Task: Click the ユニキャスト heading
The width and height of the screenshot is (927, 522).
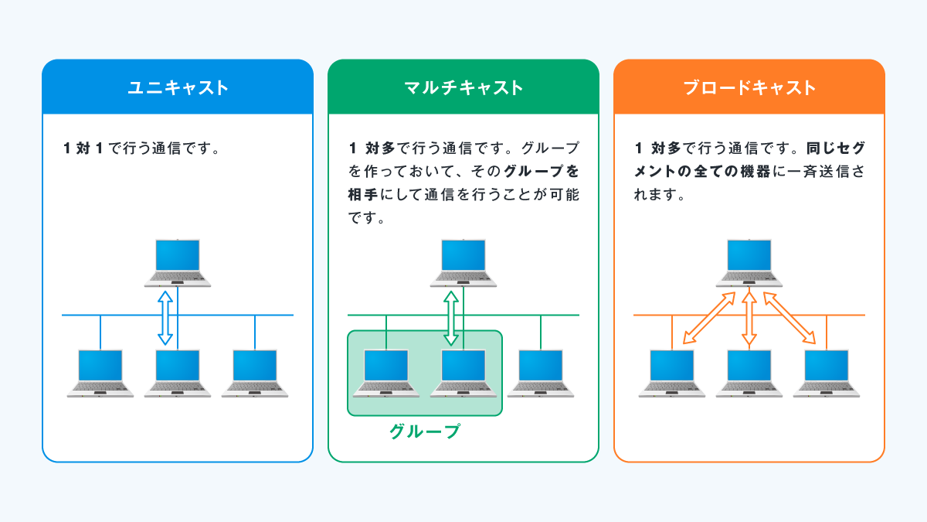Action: tap(178, 87)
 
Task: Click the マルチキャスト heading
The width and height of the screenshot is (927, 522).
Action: tap(463, 87)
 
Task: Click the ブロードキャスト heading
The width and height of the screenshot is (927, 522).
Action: tap(749, 87)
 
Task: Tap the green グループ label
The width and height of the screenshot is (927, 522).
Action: tap(425, 432)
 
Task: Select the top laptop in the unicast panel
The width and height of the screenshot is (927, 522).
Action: tap(178, 263)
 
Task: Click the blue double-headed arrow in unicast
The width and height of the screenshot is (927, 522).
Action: tap(165, 317)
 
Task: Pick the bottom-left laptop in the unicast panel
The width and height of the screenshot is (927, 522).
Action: tap(100, 374)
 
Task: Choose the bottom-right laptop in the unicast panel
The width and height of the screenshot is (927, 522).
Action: tap(255, 374)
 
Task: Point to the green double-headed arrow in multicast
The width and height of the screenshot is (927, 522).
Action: tap(450, 317)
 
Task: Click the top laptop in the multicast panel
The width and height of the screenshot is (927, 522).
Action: tap(463, 263)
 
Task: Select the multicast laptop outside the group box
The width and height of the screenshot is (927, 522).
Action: tap(541, 374)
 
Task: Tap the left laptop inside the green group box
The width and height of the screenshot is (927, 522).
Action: tap(386, 374)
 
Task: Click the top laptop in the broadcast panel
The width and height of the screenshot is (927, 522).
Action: tap(749, 263)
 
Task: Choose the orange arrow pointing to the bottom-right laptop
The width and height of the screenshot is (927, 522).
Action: tap(789, 318)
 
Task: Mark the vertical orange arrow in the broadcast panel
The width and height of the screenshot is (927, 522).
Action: tap(748, 318)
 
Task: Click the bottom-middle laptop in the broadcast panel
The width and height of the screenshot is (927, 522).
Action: tap(749, 374)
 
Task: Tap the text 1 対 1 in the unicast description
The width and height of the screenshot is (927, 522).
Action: tap(83, 148)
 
